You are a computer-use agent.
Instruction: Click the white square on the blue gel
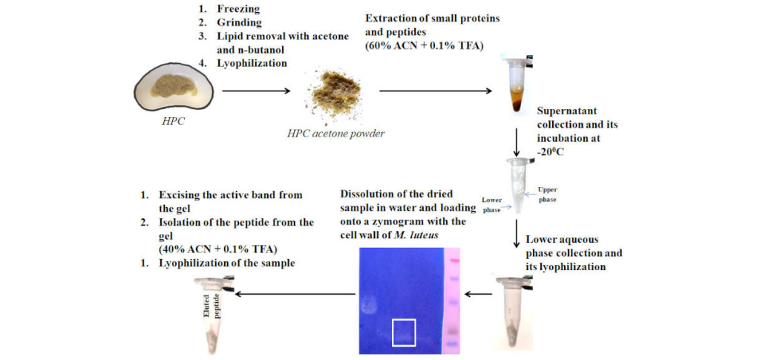403,332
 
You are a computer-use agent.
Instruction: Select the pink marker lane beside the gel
453,297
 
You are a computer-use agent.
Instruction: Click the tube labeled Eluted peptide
215,315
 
